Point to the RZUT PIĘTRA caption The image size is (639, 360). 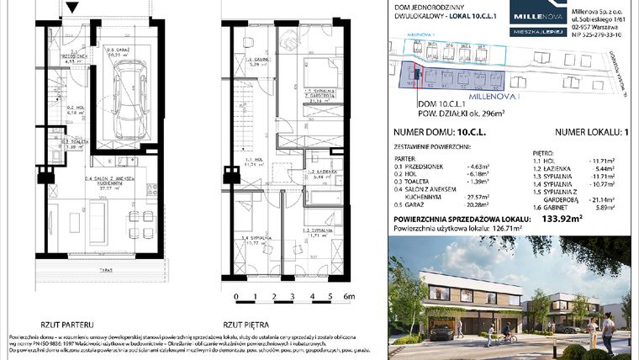coord(246,323)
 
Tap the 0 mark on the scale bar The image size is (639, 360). coord(237,296)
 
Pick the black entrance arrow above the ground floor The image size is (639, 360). coord(72,8)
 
